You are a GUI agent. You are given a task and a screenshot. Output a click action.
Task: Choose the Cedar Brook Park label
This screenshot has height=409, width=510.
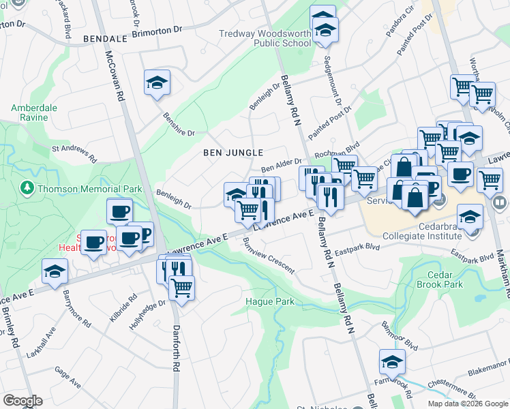pos(439,279)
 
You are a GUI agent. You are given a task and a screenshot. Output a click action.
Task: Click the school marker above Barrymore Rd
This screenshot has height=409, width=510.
pos(55,271)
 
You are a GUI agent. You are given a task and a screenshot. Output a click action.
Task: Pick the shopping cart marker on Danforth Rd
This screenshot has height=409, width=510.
pos(181,287)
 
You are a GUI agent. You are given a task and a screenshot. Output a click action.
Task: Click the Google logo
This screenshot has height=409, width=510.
pos(22,401)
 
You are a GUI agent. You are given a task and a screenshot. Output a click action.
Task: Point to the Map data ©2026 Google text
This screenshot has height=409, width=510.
pos(467,404)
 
